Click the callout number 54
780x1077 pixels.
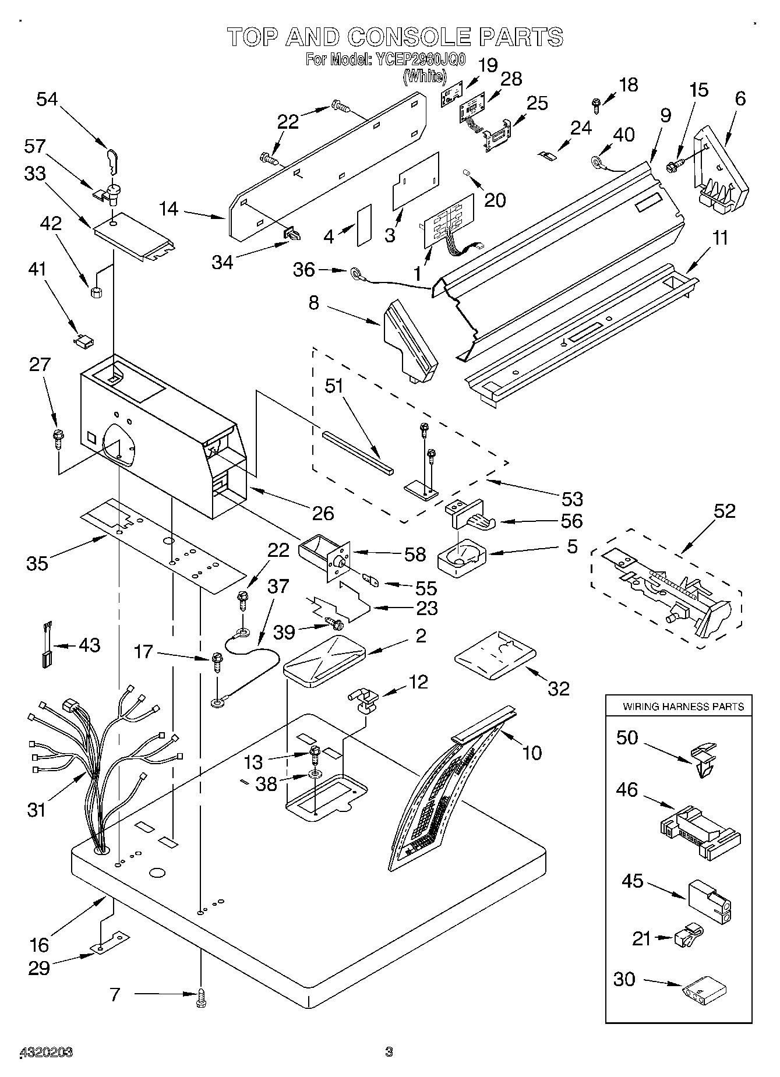[x=47, y=99]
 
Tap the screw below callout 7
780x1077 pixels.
[x=202, y=998]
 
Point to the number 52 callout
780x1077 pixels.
[x=724, y=511]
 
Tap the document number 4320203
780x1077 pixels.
[x=47, y=1052]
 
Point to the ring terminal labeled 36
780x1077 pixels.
[x=355, y=271]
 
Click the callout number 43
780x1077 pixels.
[x=89, y=645]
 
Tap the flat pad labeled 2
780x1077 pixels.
[x=324, y=658]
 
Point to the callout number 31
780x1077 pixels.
[x=36, y=809]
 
